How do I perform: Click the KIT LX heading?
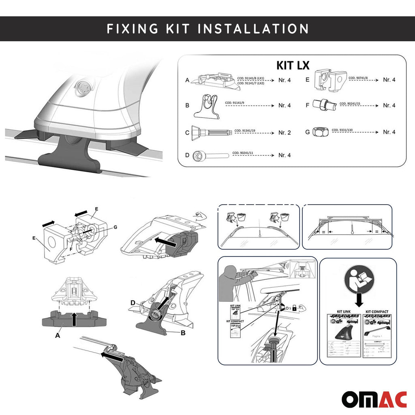pos(293,65)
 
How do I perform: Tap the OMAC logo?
pos(374,399)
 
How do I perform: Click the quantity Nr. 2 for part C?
pos(284,133)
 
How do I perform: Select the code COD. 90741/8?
pos(358,77)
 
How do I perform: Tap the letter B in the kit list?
pos(187,105)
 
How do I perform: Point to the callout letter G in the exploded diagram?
pos(115,227)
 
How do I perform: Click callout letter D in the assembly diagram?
pos(133,302)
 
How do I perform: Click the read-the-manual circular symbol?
pos(358,283)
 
